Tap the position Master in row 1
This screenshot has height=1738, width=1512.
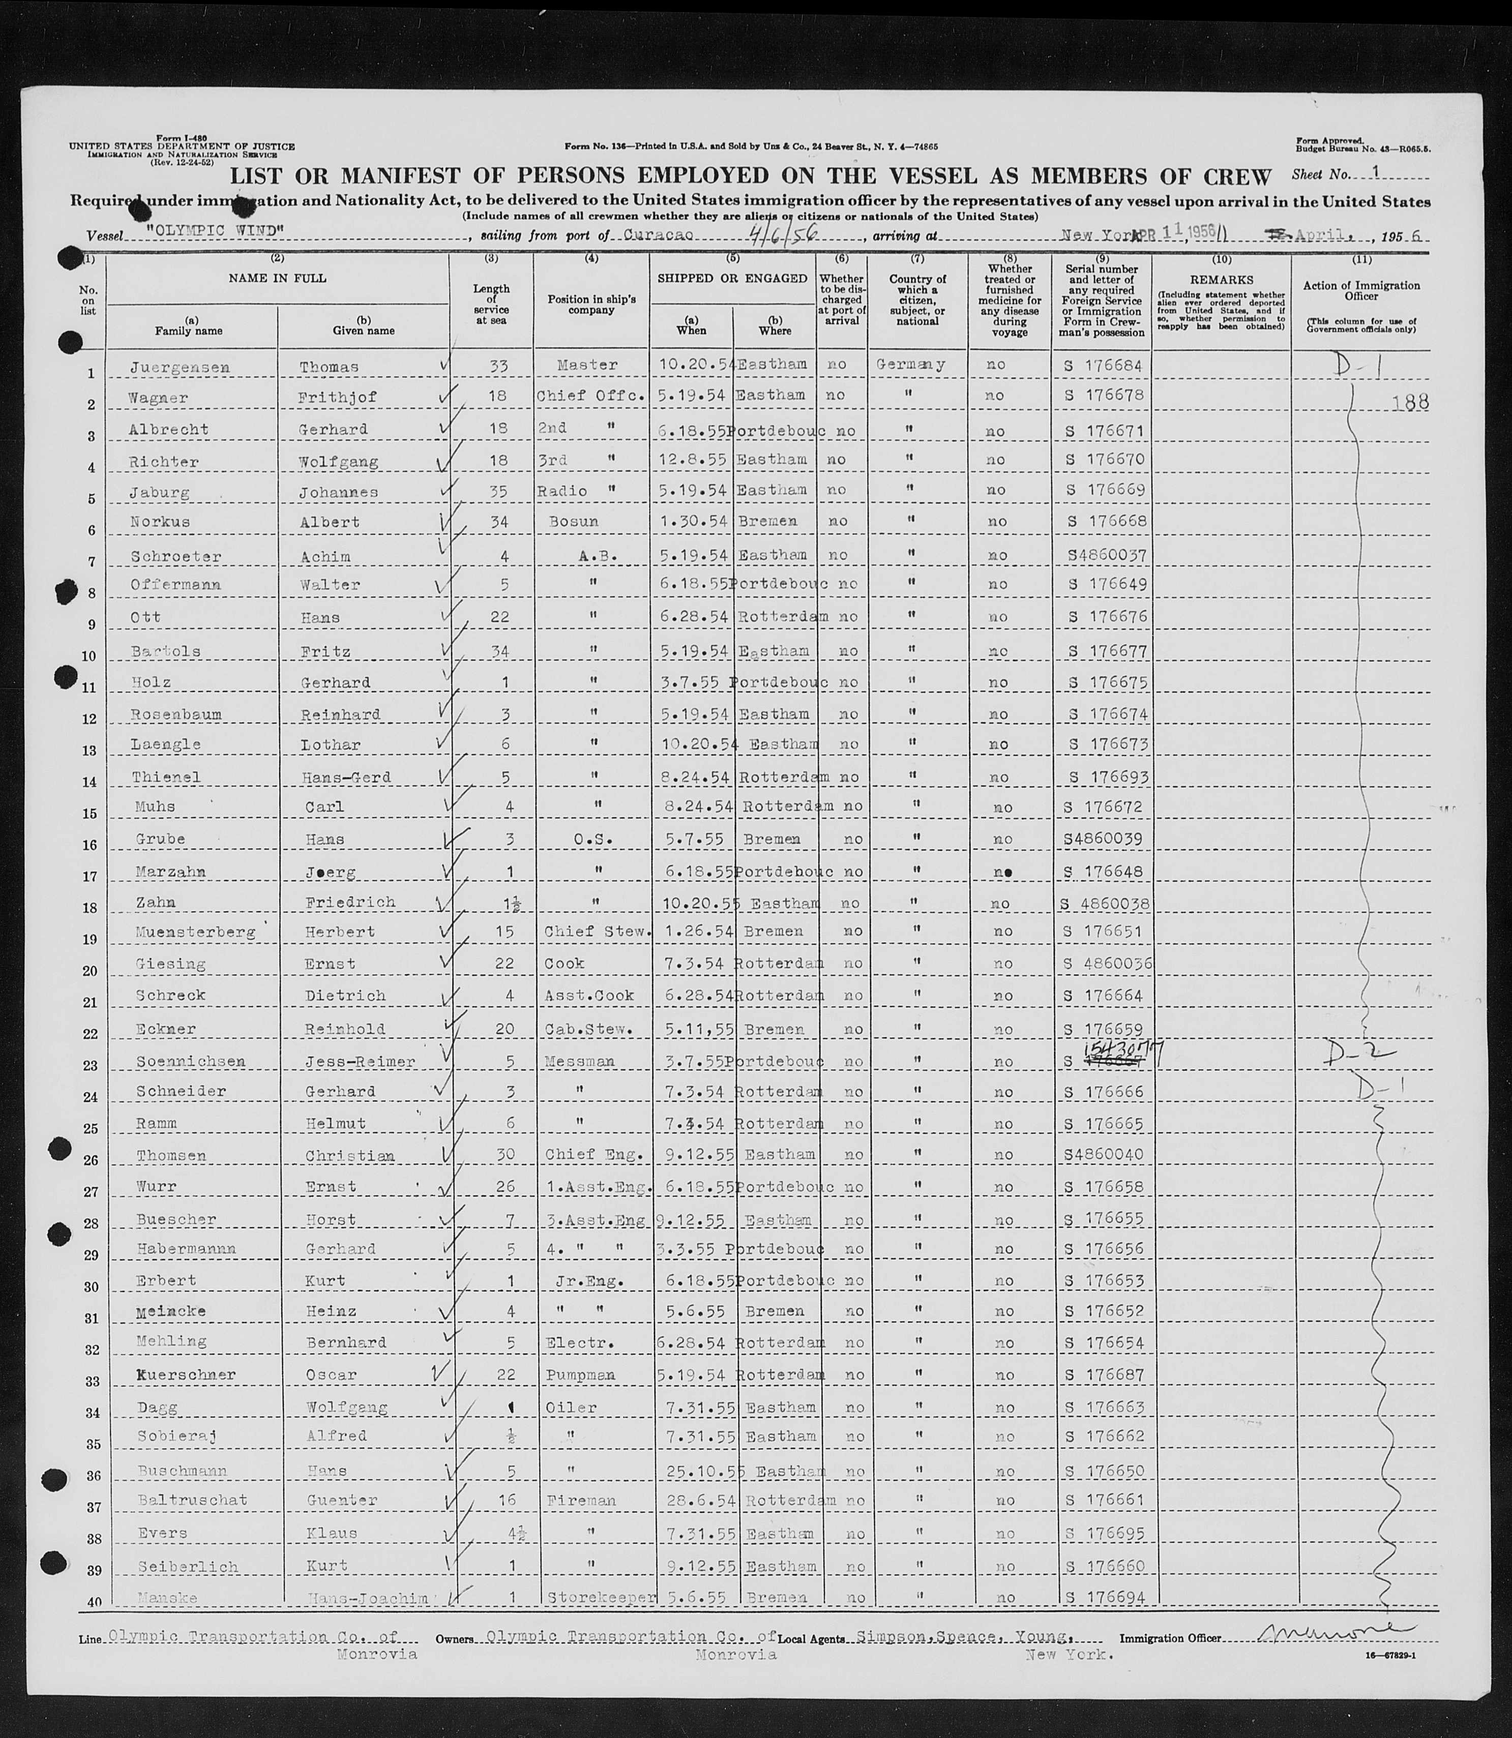(x=587, y=365)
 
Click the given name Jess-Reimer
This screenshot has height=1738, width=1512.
(x=358, y=1061)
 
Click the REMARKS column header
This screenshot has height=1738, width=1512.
(x=1221, y=279)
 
